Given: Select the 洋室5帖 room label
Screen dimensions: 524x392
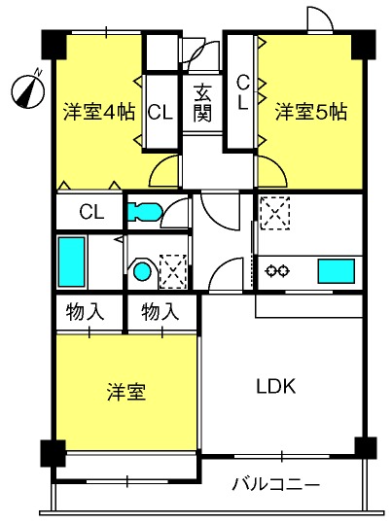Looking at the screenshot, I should click(x=309, y=110).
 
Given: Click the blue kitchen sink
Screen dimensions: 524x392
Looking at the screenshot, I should click(x=336, y=269).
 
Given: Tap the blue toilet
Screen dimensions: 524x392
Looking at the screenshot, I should click(x=142, y=210).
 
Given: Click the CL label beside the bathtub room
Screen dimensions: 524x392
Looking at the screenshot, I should click(x=91, y=211).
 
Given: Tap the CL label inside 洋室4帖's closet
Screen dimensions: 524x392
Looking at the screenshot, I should click(x=160, y=111).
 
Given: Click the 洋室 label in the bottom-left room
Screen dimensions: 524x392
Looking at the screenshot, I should click(x=126, y=393).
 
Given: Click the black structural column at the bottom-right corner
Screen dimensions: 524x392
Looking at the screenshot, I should click(x=365, y=447).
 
